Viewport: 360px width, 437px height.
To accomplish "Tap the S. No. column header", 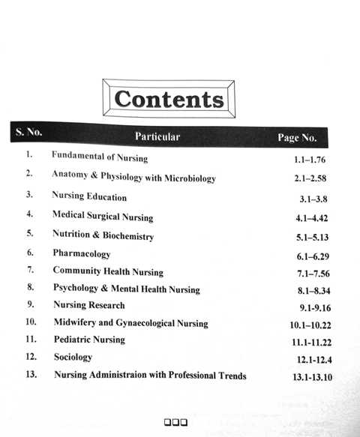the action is click(x=28, y=133).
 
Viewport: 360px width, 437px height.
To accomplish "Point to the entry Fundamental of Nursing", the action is click(x=99, y=157).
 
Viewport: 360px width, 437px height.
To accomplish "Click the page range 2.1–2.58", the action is click(x=310, y=179).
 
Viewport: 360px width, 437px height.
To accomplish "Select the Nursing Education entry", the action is click(x=89, y=197).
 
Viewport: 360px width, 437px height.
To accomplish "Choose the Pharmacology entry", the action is click(x=81, y=254).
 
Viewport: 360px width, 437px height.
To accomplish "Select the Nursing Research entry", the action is click(x=89, y=305).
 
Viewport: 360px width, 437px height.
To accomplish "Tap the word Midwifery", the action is click(x=79, y=323).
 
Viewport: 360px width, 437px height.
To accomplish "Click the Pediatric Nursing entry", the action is click(x=89, y=340).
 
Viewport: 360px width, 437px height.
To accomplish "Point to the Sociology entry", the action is click(x=73, y=358).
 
